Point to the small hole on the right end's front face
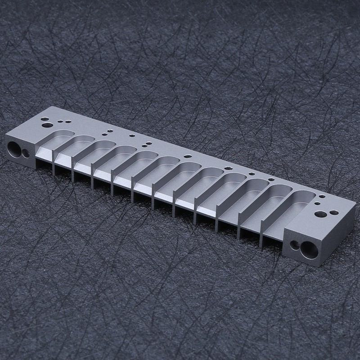[295, 245]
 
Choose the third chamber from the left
[97, 151]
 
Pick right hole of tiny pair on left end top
[67, 121]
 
